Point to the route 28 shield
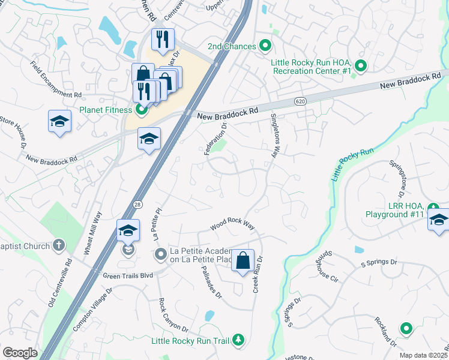137,204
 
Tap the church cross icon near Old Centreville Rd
58,245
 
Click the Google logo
20,353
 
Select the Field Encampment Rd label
56,79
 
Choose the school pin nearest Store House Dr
59,121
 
